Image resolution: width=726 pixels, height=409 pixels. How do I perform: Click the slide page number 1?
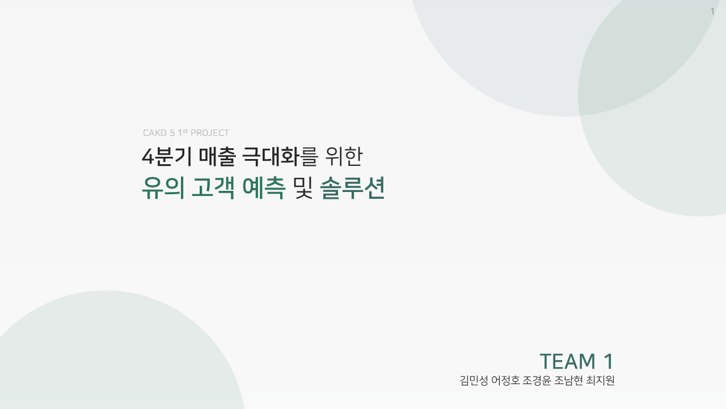point(712,12)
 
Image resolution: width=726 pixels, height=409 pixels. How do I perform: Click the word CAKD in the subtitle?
point(155,133)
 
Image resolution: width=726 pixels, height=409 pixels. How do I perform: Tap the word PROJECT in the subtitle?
point(210,133)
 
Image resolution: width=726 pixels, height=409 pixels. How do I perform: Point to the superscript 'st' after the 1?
point(185,131)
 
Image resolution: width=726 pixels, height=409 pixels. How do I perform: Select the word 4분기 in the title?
point(167,156)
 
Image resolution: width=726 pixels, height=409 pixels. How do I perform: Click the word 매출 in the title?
point(217,156)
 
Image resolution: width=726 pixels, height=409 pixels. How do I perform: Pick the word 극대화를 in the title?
point(280,156)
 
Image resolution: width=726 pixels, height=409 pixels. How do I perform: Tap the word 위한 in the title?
point(344,156)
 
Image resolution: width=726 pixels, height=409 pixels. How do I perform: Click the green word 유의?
point(163,188)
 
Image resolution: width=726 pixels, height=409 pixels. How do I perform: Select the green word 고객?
point(213,188)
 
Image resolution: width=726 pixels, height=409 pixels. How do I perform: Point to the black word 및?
point(303,188)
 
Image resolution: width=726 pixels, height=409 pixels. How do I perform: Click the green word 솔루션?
point(352,188)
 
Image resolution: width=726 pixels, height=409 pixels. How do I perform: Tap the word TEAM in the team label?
point(567,361)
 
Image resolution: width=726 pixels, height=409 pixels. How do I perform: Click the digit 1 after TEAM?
point(609,361)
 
